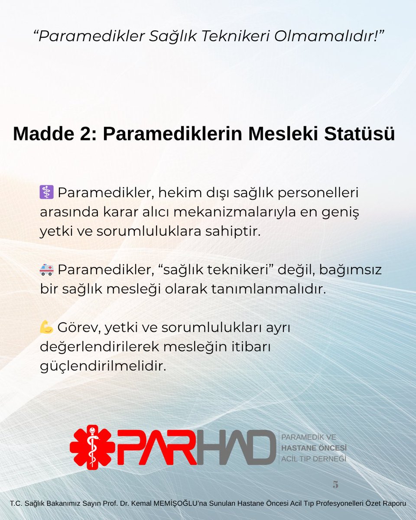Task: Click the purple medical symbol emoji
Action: pyautogui.click(x=46, y=191)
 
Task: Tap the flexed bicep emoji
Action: pyautogui.click(x=46, y=327)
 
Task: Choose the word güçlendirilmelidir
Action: pyautogui.click(x=103, y=367)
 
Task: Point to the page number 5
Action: pyautogui.click(x=335, y=484)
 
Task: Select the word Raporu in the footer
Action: pyautogui.click(x=393, y=504)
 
